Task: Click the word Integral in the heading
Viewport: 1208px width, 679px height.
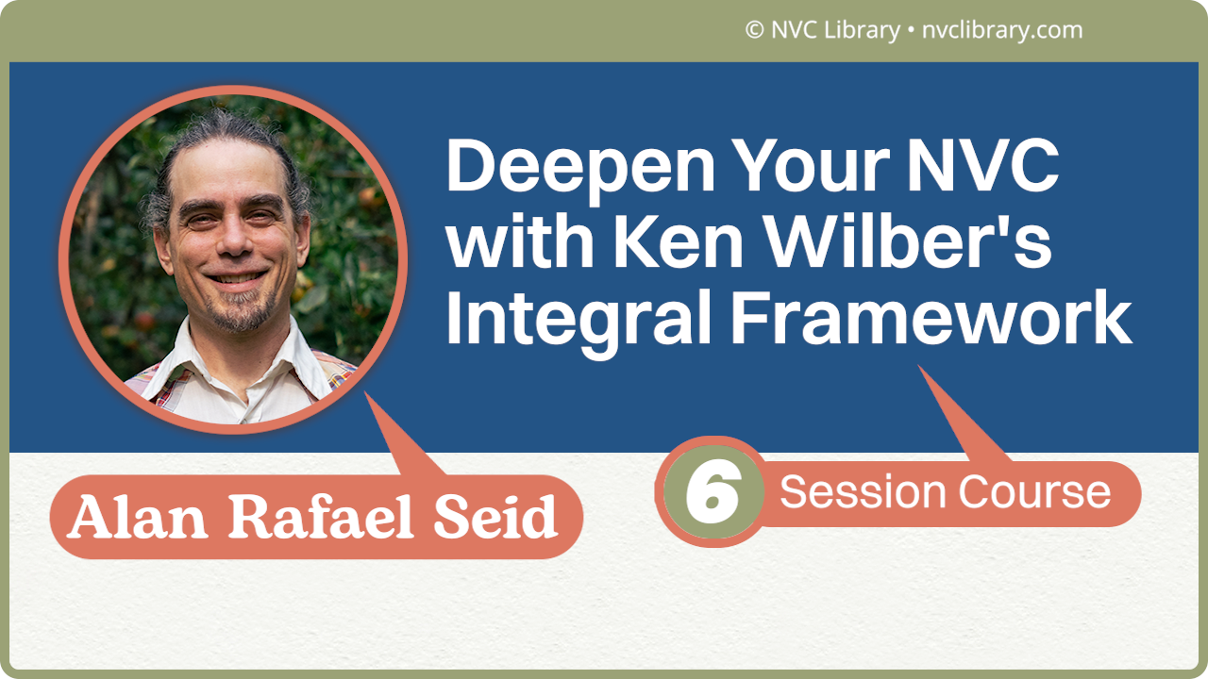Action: (x=578, y=320)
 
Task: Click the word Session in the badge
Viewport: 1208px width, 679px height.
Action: (x=863, y=492)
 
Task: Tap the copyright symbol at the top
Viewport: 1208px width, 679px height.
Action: (x=754, y=30)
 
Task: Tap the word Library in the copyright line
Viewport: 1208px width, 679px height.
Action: (x=859, y=30)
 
